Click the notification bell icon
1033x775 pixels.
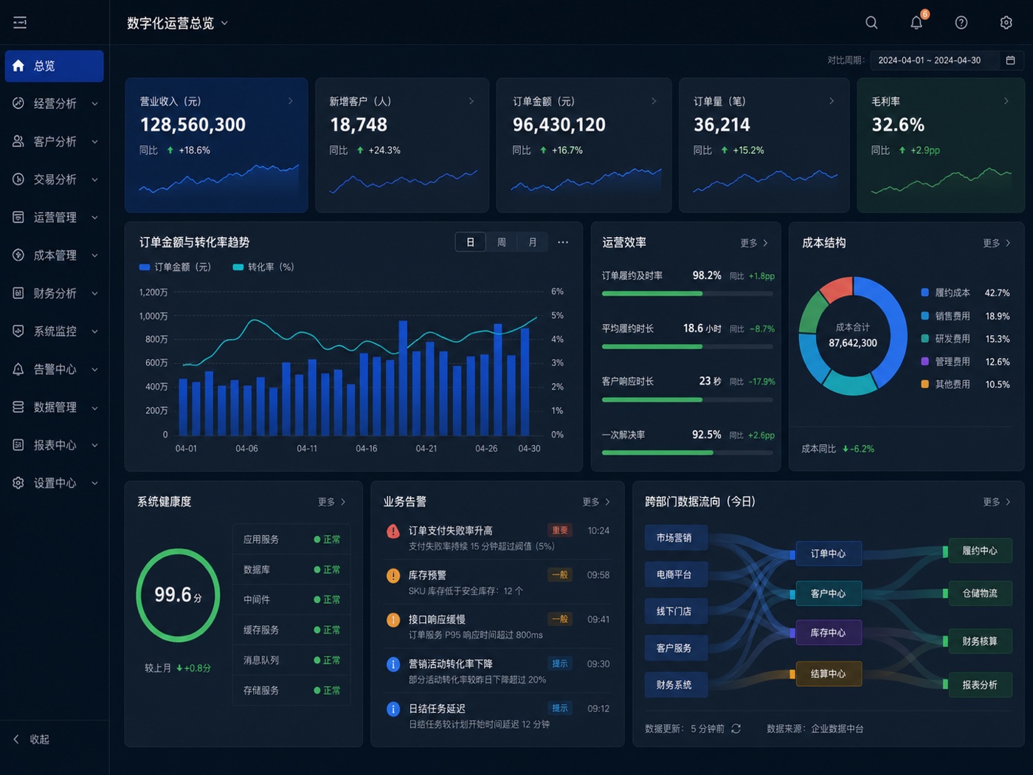[916, 23]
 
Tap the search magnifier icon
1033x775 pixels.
[871, 23]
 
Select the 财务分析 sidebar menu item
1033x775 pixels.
[55, 294]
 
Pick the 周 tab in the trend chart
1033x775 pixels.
[501, 242]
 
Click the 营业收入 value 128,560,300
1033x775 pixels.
[193, 125]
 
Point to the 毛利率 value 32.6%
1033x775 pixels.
[898, 125]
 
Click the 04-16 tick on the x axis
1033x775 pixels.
[366, 449]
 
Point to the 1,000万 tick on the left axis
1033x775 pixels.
[153, 316]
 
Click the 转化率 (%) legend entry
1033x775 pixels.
[263, 267]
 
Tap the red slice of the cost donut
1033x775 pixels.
[837, 288]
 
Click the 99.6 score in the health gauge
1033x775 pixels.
[173, 595]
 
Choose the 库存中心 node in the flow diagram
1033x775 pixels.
[829, 633]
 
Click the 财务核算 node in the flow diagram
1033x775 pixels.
[980, 641]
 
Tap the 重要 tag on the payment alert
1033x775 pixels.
[559, 530]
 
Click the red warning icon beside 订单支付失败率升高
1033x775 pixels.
[393, 531]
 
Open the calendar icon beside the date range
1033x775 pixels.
[1010, 61]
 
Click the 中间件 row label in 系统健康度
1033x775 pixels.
[257, 599]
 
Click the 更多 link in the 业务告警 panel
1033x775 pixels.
[595, 502]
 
